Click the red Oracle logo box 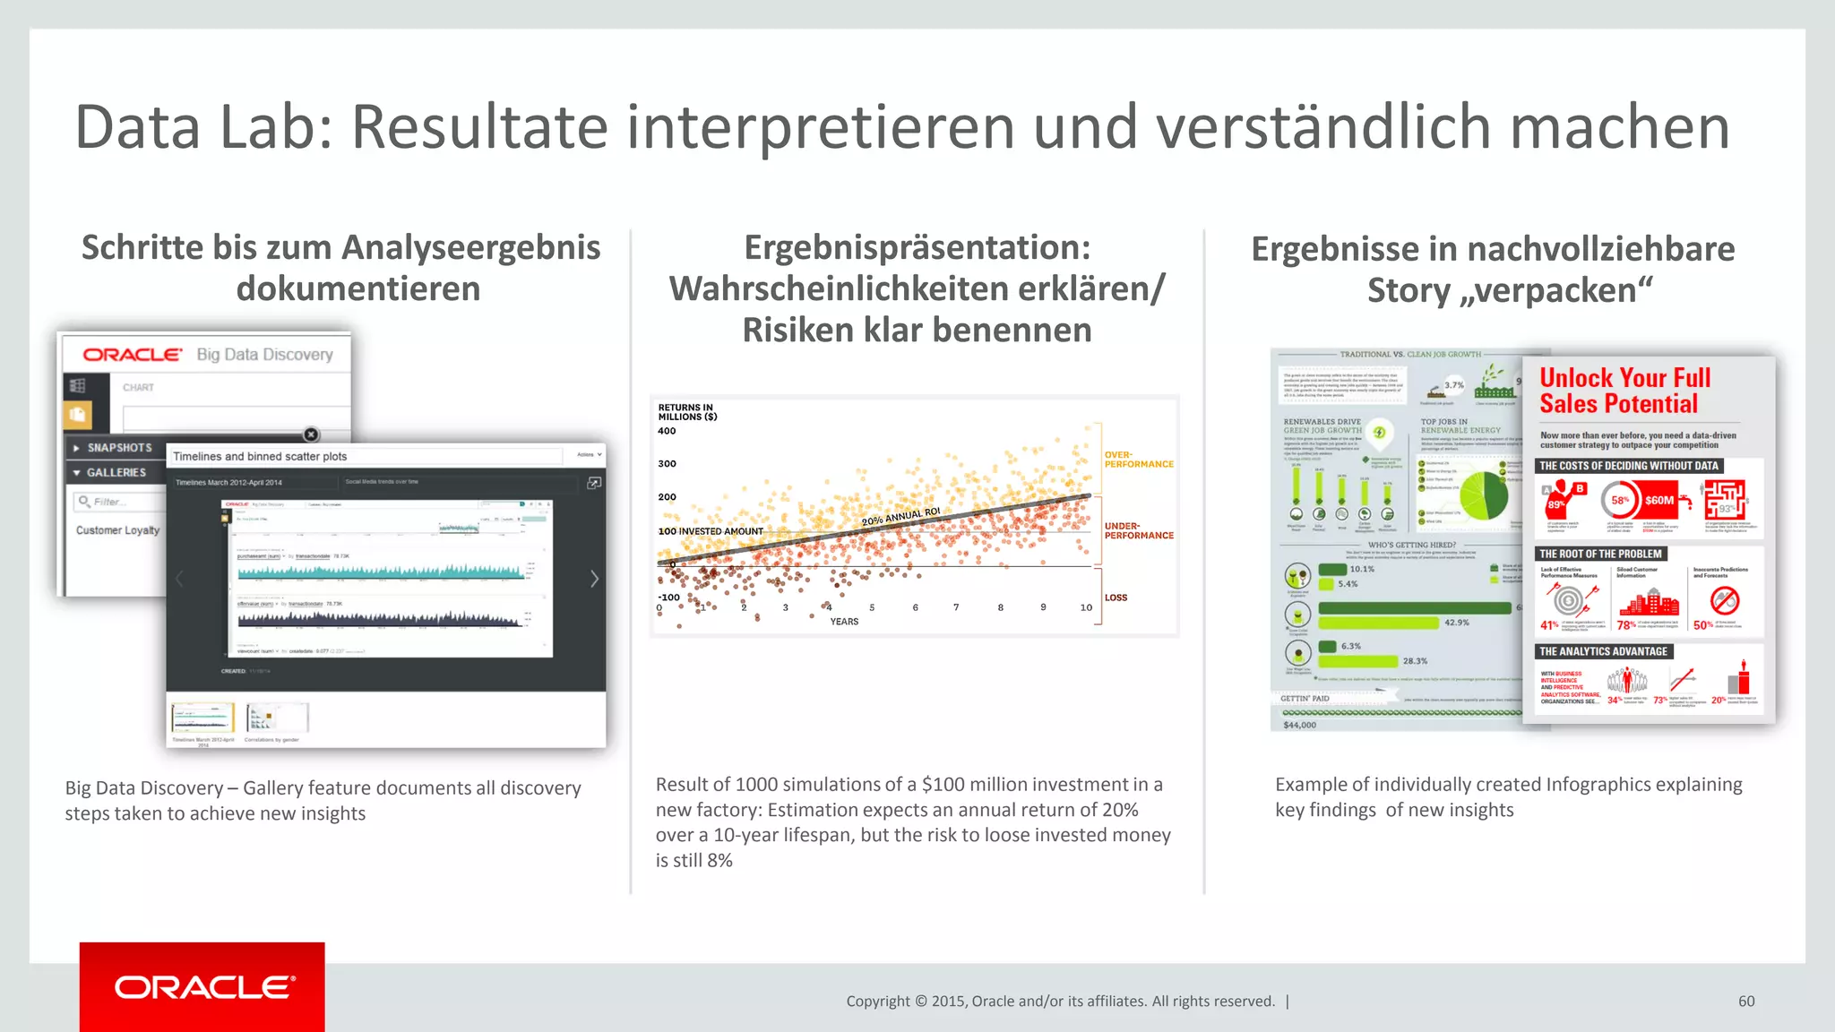202,986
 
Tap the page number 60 1745,1002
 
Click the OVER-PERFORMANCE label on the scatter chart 1138,460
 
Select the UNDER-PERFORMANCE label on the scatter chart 1138,531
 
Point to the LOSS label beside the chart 1116,598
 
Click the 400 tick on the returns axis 667,431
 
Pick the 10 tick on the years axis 1086,607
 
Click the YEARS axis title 844,622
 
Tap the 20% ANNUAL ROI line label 900,517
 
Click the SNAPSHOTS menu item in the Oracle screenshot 119,448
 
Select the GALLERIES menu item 116,472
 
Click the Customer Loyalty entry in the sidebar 117,530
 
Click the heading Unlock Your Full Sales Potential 1624,391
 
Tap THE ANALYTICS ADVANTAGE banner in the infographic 1603,651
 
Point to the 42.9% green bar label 1456,623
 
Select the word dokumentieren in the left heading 358,289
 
